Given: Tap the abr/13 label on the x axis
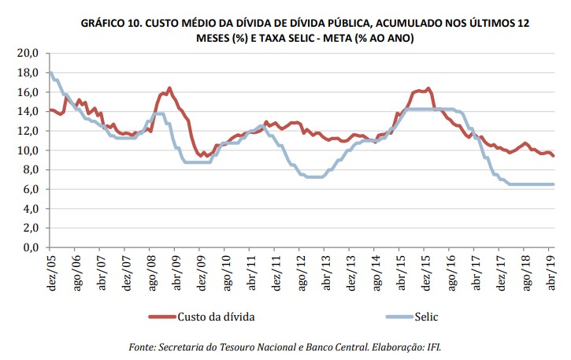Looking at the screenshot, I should click(x=325, y=270).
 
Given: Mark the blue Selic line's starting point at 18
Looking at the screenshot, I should click(x=50, y=72).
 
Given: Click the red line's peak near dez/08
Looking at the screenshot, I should click(x=169, y=88).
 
